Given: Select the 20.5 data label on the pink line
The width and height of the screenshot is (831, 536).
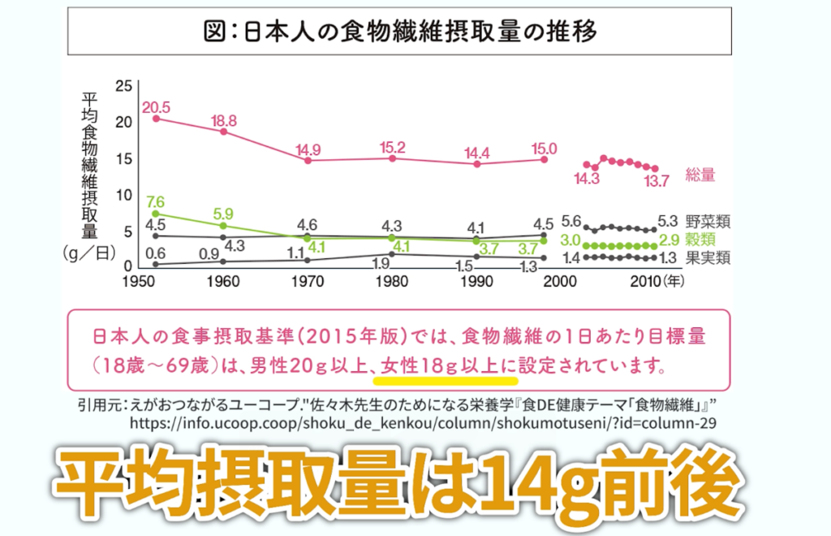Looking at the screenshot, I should (155, 106).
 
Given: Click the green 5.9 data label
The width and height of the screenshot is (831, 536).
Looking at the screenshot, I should (222, 214).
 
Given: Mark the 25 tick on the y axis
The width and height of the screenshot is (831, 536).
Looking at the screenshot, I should (123, 86).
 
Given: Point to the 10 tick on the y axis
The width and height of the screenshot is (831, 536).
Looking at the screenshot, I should (123, 195).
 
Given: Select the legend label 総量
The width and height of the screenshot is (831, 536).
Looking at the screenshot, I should (700, 175).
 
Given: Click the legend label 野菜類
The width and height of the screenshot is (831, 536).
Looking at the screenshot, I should (708, 221).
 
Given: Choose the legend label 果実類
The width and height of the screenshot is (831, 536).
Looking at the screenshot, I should (708, 258).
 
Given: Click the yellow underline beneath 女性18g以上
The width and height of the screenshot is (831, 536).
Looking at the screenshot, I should (445, 378).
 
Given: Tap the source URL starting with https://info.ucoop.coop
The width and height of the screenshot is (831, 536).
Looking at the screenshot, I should (422, 423).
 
